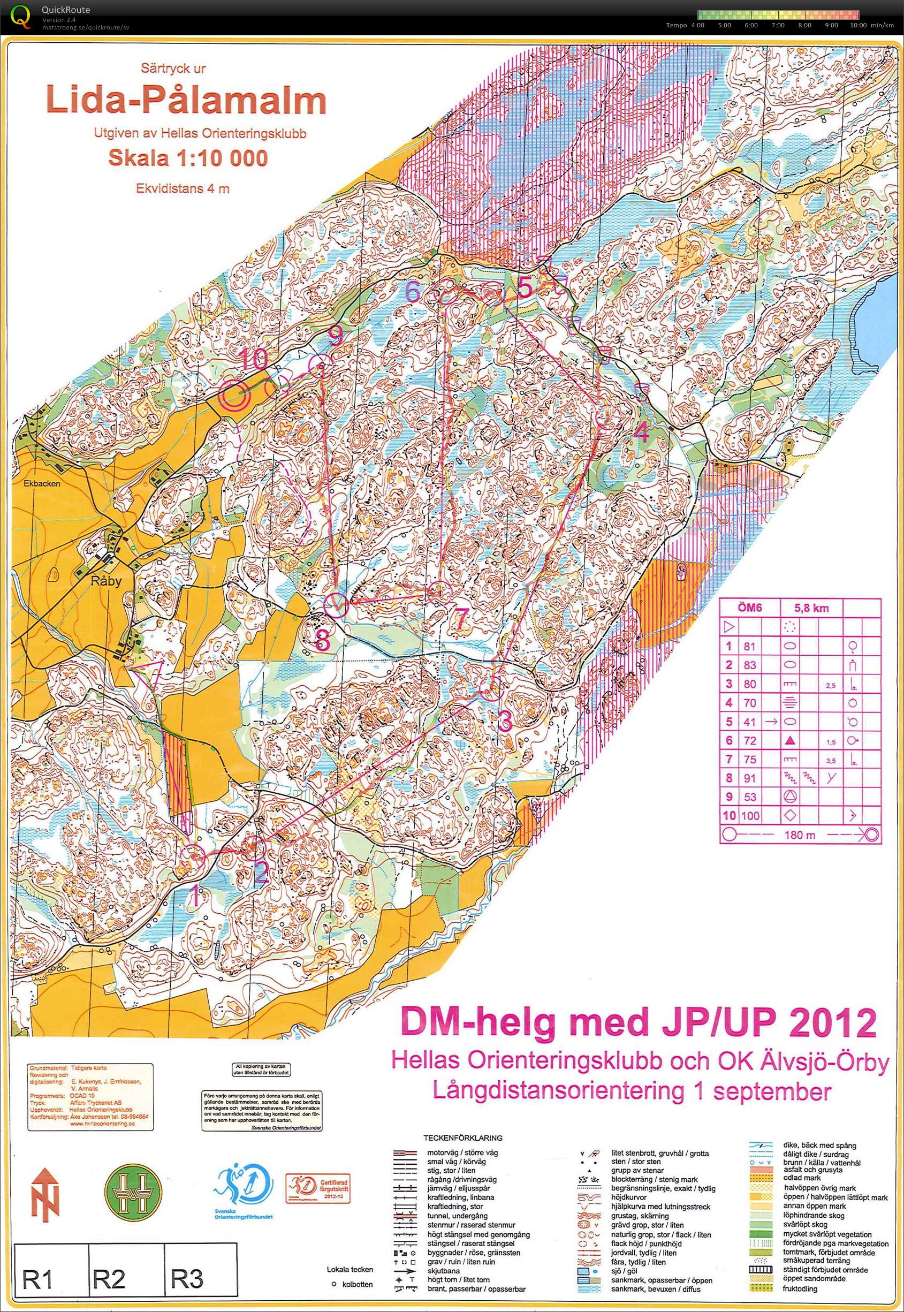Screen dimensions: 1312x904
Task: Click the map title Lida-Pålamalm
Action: (x=186, y=101)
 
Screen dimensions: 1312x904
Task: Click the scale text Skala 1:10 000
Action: (x=187, y=158)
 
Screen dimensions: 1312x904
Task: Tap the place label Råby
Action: (x=107, y=581)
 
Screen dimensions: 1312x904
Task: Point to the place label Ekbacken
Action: (x=42, y=484)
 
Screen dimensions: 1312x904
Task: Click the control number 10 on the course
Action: (x=253, y=359)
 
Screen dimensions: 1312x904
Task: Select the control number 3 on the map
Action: (x=505, y=721)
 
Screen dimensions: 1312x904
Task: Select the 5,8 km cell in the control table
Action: (x=811, y=609)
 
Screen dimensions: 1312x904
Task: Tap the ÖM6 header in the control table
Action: (x=749, y=609)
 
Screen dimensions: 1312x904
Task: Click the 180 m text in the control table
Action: (x=800, y=835)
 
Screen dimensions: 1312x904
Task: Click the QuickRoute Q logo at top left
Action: (x=21, y=15)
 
